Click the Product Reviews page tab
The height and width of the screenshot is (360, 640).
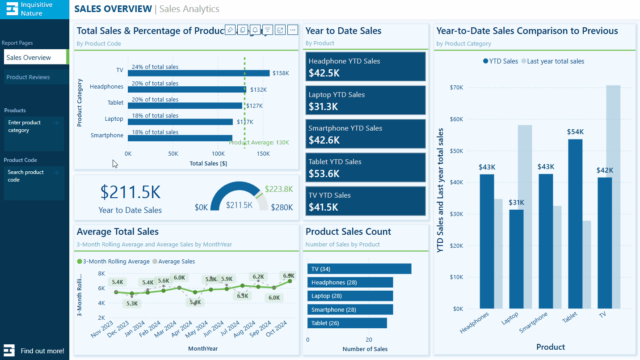pos(28,77)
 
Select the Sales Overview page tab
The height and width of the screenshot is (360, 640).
pos(29,58)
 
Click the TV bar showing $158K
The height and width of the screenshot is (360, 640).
pos(199,73)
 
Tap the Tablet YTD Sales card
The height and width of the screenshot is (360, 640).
pos(365,168)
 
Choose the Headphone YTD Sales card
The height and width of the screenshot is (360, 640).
pos(365,67)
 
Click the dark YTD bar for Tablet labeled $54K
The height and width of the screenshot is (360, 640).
pos(575,224)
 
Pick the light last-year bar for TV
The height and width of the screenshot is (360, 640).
pos(613,197)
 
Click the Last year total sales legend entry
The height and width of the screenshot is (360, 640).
pos(555,61)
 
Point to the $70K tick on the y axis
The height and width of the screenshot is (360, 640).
pos(457,88)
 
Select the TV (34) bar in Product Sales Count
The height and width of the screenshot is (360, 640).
pos(359,269)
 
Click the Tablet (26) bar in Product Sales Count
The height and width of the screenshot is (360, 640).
pos(347,323)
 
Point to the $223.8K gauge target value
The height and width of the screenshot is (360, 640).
pos(278,189)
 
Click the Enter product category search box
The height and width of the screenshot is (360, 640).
pos(34,133)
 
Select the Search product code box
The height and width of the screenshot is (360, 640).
pos(34,183)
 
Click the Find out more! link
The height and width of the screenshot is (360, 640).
pos(42,351)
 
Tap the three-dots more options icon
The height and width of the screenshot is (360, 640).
pos(293,30)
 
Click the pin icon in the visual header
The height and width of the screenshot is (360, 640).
pos(230,30)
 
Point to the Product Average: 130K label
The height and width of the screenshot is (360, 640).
pos(259,143)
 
